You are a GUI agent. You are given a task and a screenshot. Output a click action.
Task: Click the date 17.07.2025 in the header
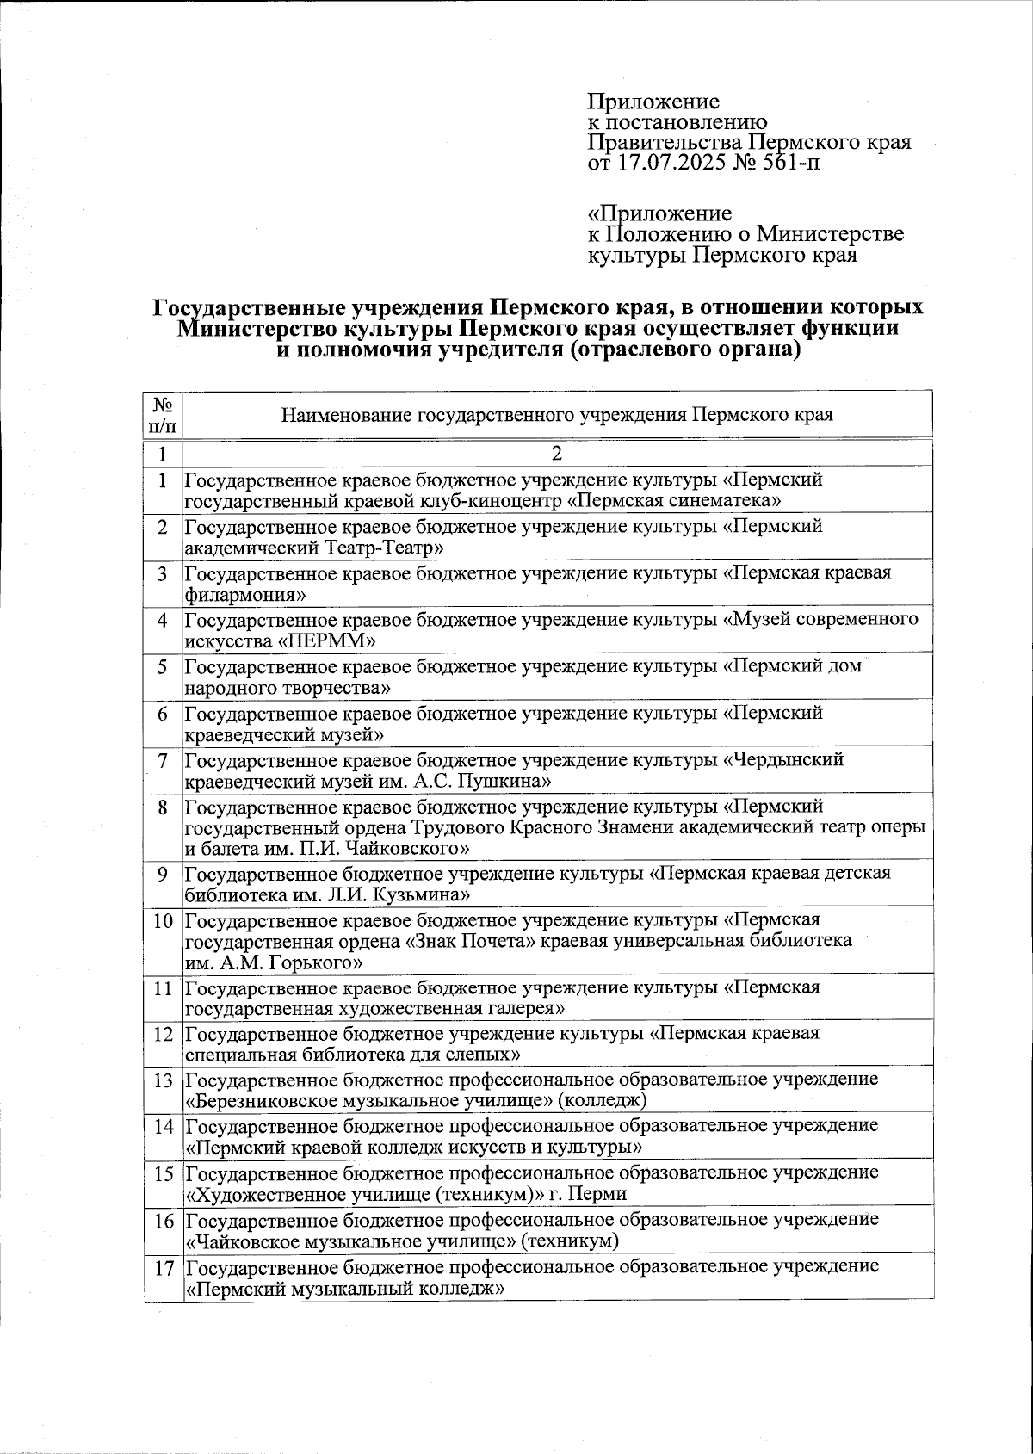(669, 163)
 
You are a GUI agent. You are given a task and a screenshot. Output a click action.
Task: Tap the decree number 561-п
(789, 163)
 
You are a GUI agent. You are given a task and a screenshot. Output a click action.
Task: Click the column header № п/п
(164, 414)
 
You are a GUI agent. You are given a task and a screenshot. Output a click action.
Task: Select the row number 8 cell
(164, 807)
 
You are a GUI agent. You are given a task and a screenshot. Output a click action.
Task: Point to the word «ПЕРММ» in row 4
(328, 641)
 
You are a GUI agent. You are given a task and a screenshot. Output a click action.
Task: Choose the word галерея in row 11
(523, 1008)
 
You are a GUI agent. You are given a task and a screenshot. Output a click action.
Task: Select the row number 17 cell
(164, 1268)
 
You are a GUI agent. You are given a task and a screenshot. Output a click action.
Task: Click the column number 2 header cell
(558, 454)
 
